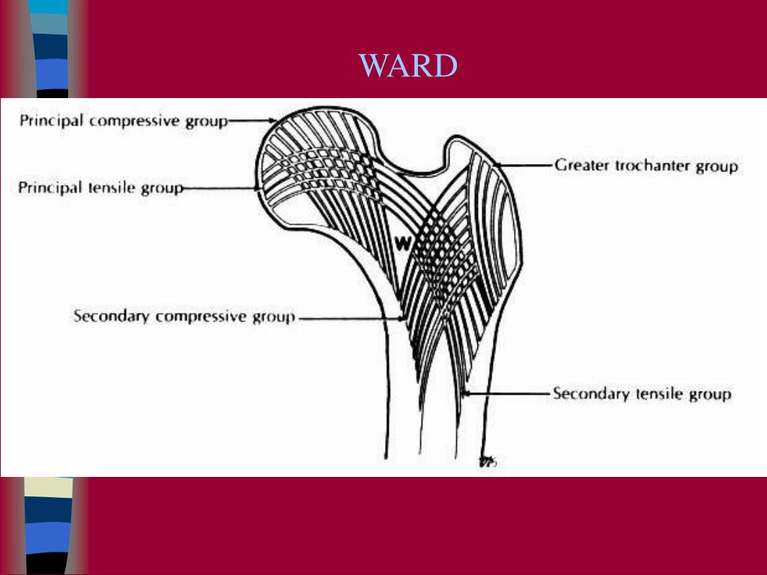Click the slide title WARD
point(408,67)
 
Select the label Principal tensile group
point(100,187)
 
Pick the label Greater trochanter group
point(646,165)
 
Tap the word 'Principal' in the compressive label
point(51,120)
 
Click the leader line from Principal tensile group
point(221,187)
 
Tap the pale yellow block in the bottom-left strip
point(49,489)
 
